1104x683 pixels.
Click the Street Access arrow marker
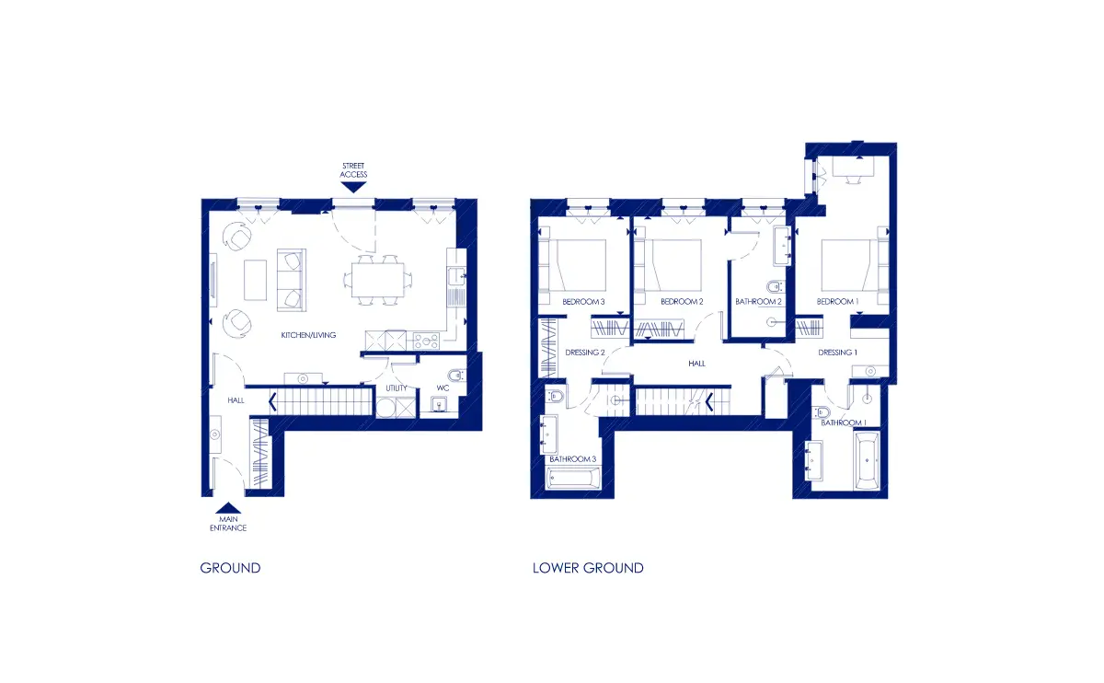click(x=353, y=187)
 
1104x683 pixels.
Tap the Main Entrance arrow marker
click(x=228, y=508)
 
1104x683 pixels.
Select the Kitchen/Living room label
click(x=308, y=335)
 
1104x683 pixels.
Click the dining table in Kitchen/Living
click(x=377, y=280)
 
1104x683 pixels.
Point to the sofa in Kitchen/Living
click(x=292, y=280)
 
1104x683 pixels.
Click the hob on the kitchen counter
click(x=426, y=340)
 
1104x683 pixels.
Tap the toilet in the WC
click(x=456, y=376)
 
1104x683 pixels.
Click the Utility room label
click(x=397, y=388)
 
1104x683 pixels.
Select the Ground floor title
click(x=230, y=568)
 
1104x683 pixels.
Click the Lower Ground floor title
click(x=588, y=568)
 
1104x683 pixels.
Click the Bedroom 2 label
click(x=682, y=301)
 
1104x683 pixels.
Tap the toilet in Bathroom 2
click(x=775, y=286)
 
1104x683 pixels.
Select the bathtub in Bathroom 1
click(x=867, y=461)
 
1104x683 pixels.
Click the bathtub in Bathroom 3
click(x=572, y=479)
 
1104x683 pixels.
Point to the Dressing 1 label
click(x=837, y=353)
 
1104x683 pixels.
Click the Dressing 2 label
click(x=585, y=353)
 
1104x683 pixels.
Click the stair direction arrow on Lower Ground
click(x=709, y=402)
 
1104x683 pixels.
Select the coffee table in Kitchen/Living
click(x=256, y=280)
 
